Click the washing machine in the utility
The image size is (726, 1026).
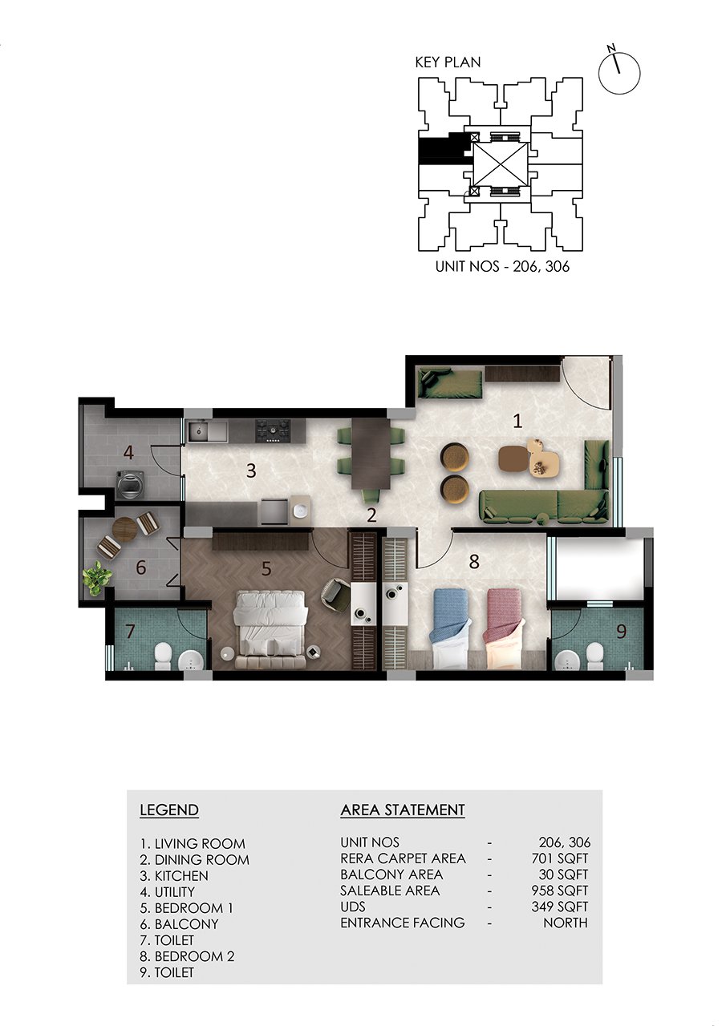tap(132, 485)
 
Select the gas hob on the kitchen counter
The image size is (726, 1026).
tap(274, 430)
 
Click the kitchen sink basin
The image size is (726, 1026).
tap(201, 431)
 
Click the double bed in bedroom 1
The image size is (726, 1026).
tap(270, 629)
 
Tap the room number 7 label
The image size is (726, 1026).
tap(130, 631)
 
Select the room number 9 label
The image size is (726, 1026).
tap(621, 632)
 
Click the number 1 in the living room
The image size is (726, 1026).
tap(517, 421)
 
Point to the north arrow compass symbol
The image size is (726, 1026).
tap(619, 71)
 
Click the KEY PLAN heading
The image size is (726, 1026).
tap(448, 63)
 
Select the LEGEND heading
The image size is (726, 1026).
tap(169, 810)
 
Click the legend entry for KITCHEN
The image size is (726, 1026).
tap(174, 875)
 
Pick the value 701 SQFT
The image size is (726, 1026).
tap(559, 858)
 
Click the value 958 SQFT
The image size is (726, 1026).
tap(559, 891)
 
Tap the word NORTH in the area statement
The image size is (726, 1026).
tap(565, 923)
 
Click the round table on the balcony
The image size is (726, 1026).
tap(124, 530)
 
